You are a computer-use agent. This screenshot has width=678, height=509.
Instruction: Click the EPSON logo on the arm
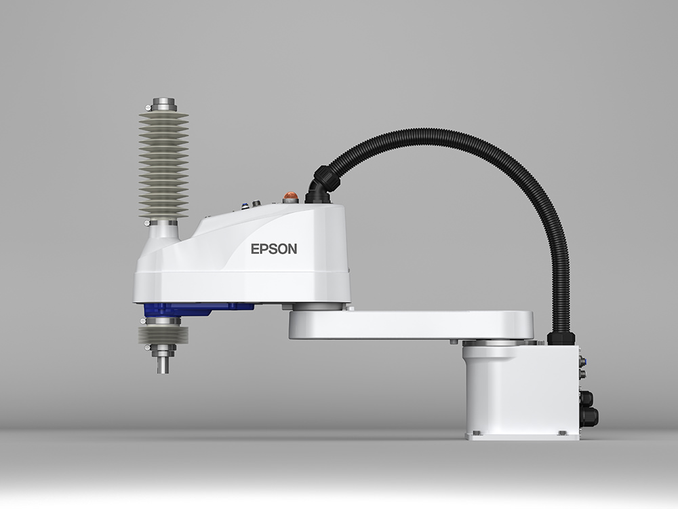click(x=274, y=249)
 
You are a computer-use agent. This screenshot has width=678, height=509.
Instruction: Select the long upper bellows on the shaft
click(x=164, y=165)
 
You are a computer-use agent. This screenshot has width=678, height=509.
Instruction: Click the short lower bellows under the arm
click(x=163, y=335)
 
